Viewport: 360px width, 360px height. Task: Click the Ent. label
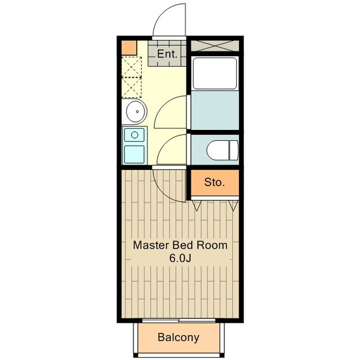pyautogui.click(x=167, y=54)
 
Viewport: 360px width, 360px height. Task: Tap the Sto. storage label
pyautogui.click(x=214, y=182)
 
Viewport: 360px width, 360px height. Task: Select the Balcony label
pyautogui.click(x=178, y=337)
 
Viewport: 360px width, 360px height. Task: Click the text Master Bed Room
pyautogui.click(x=180, y=245)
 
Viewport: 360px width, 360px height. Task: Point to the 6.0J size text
pyautogui.click(x=180, y=258)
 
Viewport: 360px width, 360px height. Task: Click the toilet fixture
pyautogui.click(x=223, y=150)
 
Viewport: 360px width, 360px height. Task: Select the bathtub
pyautogui.click(x=215, y=73)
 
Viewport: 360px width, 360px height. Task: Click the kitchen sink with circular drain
pyautogui.click(x=134, y=135)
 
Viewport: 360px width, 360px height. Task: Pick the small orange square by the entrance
pyautogui.click(x=129, y=48)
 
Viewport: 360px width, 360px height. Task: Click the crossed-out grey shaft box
pyautogui.click(x=215, y=46)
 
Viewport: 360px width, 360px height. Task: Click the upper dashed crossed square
pyautogui.click(x=131, y=67)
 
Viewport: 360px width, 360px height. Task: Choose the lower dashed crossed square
pyautogui.click(x=131, y=88)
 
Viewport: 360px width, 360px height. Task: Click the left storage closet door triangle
pyautogui.click(x=196, y=205)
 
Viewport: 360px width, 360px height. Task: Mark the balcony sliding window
pyautogui.click(x=179, y=321)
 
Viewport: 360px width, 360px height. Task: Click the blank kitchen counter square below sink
pyautogui.click(x=134, y=154)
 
